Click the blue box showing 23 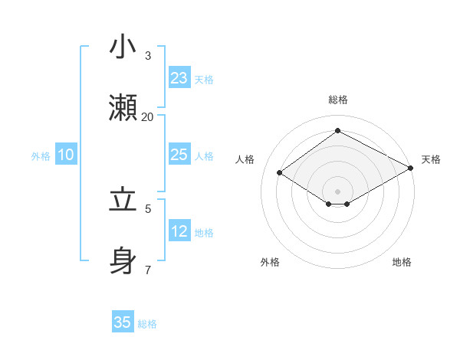click(x=179, y=77)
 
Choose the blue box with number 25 click(x=179, y=155)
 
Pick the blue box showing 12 click(x=179, y=231)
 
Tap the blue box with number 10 click(x=66, y=155)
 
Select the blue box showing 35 click(x=123, y=322)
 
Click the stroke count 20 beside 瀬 click(x=147, y=116)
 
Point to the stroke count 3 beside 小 click(x=147, y=55)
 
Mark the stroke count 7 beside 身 click(x=147, y=270)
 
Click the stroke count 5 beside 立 click(x=147, y=208)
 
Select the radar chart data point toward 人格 click(x=280, y=173)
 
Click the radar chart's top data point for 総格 click(x=337, y=131)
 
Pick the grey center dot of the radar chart click(x=337, y=191)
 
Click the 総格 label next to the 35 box click(x=147, y=324)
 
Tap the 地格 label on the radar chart click(x=402, y=262)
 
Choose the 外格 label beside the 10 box click(x=41, y=155)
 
